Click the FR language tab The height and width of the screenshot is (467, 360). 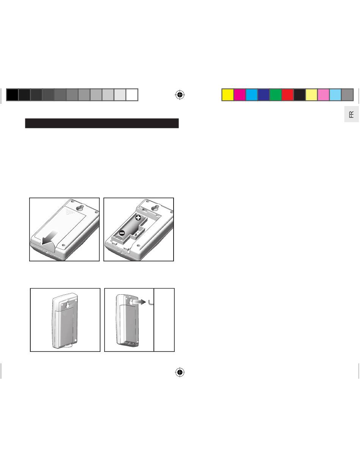(x=351, y=114)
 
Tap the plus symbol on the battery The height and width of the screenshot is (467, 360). (x=138, y=218)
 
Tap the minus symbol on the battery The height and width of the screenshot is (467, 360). (x=122, y=233)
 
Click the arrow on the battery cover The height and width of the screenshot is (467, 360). (x=49, y=238)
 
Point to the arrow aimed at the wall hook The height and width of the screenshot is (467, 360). (x=139, y=302)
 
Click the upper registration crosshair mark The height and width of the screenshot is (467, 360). (x=180, y=95)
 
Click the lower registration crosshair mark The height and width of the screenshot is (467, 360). (x=180, y=372)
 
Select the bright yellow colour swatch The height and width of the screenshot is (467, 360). (x=228, y=95)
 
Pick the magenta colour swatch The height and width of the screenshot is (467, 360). (x=240, y=95)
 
